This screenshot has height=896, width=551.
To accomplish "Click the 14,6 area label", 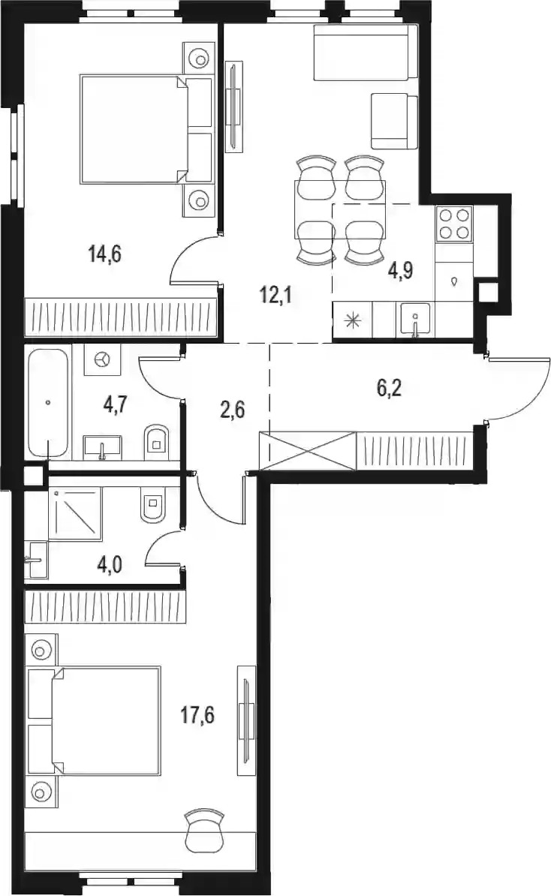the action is (105, 253).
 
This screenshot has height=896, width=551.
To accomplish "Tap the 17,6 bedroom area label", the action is (197, 714).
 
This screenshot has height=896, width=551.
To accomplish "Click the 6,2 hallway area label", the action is (390, 389).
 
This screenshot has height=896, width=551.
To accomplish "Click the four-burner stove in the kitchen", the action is (454, 224).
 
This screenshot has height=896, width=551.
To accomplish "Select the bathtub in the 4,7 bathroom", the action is (48, 404).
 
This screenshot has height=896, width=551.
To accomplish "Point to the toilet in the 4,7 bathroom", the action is (155, 440).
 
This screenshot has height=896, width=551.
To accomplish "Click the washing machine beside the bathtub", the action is (102, 359).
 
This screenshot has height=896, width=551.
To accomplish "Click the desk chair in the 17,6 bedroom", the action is (204, 827).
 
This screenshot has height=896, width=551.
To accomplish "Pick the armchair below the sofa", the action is (394, 121).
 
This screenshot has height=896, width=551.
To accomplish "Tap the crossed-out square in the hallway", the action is (308, 450).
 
